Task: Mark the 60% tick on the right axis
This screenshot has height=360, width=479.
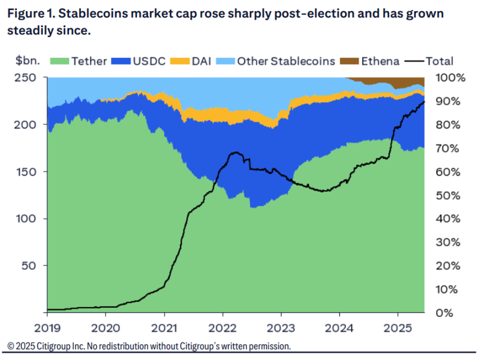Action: (x=447, y=172)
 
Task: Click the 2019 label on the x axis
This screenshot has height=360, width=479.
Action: (x=47, y=327)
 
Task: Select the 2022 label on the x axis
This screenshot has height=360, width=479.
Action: (x=222, y=327)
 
